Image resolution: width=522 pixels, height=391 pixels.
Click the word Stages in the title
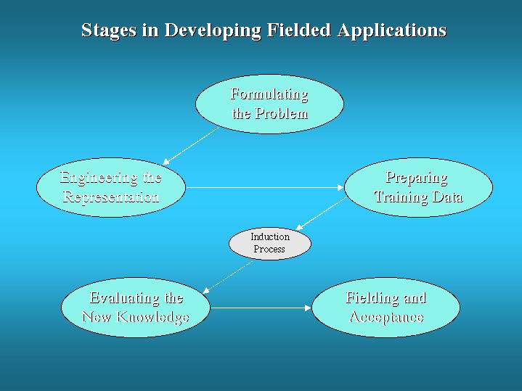point(109,30)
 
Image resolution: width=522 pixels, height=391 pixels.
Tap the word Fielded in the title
point(298,30)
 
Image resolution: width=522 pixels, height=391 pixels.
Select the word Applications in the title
point(391,30)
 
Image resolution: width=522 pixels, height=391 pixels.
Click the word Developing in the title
point(213,30)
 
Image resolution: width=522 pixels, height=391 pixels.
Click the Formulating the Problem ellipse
point(269,104)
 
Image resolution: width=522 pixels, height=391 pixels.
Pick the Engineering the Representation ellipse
point(111,187)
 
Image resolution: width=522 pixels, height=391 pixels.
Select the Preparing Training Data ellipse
point(418,187)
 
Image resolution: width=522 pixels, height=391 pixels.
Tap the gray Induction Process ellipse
point(270,244)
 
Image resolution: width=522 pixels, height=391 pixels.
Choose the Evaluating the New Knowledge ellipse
point(136,308)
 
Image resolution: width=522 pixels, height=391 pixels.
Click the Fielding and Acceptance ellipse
point(386,308)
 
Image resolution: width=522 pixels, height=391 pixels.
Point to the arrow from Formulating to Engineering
point(191,146)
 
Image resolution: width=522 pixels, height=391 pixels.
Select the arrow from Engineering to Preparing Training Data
point(265,188)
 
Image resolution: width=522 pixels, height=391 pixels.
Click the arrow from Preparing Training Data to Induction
point(321,214)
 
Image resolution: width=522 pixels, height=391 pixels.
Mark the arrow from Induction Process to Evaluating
point(228,277)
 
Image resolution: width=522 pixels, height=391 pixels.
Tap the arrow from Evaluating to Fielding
point(261,308)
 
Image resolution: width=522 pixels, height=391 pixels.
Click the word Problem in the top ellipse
point(282,114)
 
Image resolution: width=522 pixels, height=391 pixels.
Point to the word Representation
point(111,197)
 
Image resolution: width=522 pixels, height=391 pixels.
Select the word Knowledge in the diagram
point(153,317)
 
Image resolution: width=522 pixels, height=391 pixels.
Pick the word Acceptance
point(386,317)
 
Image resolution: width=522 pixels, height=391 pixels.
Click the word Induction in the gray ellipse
point(270,236)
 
